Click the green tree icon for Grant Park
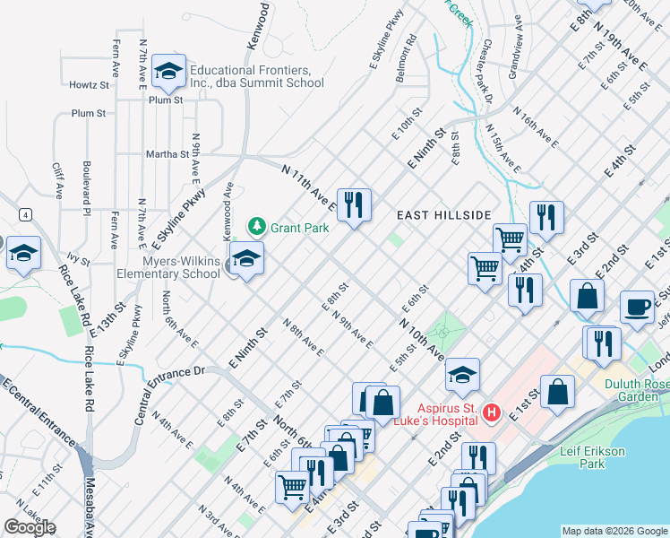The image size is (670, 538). (x=257, y=227)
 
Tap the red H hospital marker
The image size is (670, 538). (x=491, y=412)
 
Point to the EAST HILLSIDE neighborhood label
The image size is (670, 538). (x=445, y=215)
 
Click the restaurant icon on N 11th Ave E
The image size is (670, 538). (x=355, y=207)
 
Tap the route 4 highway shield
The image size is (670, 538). (x=27, y=214)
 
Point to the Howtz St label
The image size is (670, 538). (x=90, y=85)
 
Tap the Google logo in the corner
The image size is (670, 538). (x=30, y=527)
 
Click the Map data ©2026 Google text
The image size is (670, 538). (x=614, y=531)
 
